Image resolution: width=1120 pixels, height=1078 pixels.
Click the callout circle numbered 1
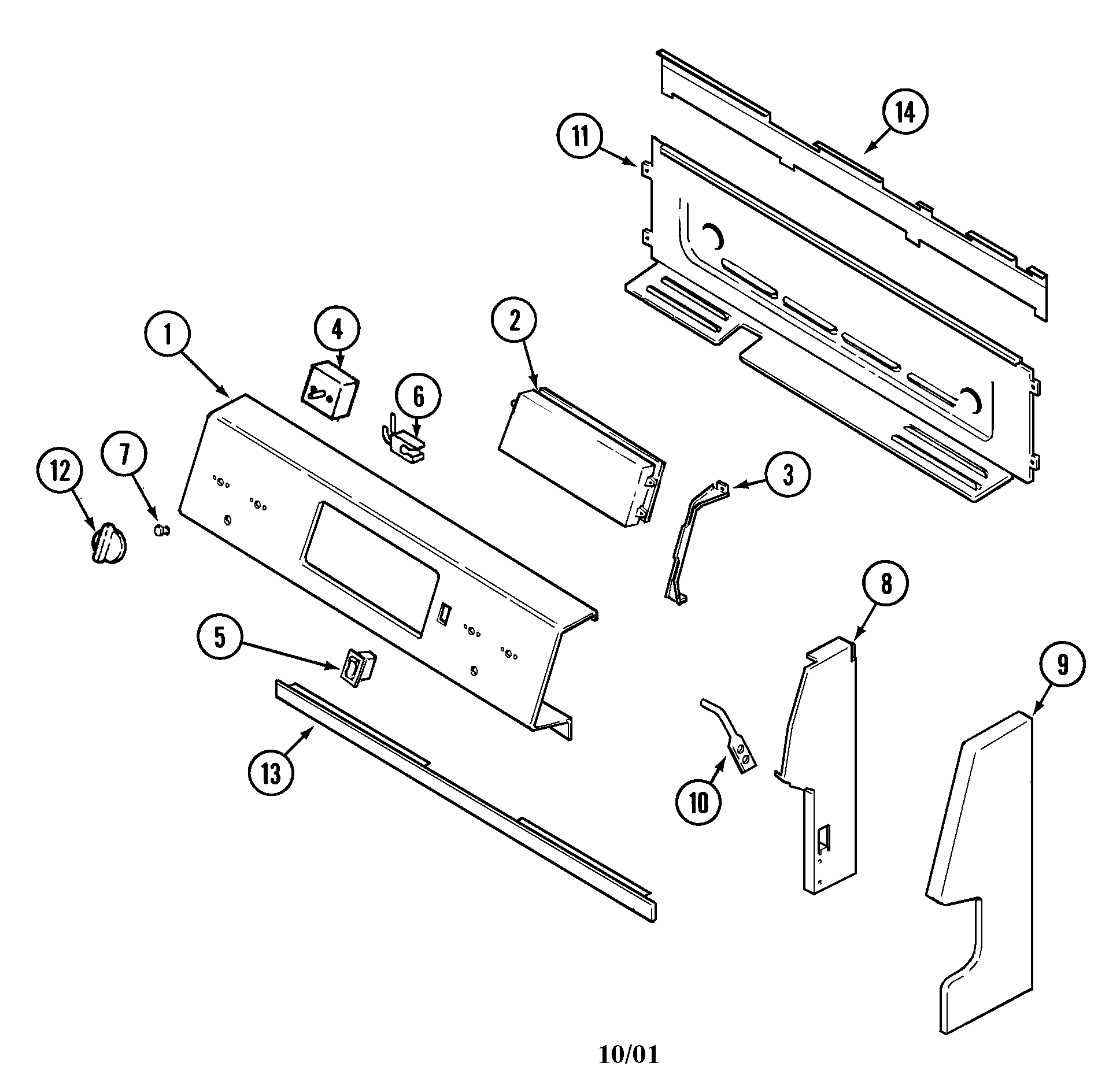[x=167, y=335]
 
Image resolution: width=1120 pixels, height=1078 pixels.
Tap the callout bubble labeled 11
[x=580, y=138]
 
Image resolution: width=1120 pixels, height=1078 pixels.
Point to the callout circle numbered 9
[x=1062, y=665]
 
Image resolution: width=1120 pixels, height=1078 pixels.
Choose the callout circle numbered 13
[x=271, y=773]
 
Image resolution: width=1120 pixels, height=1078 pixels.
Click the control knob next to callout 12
[x=108, y=544]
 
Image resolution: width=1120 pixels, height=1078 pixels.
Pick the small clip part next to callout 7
[x=161, y=530]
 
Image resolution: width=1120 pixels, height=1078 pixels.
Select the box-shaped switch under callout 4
[x=328, y=390]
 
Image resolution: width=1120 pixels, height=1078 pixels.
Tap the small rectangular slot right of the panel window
[x=443, y=613]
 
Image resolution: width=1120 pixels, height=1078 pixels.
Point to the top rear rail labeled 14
[x=856, y=185]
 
